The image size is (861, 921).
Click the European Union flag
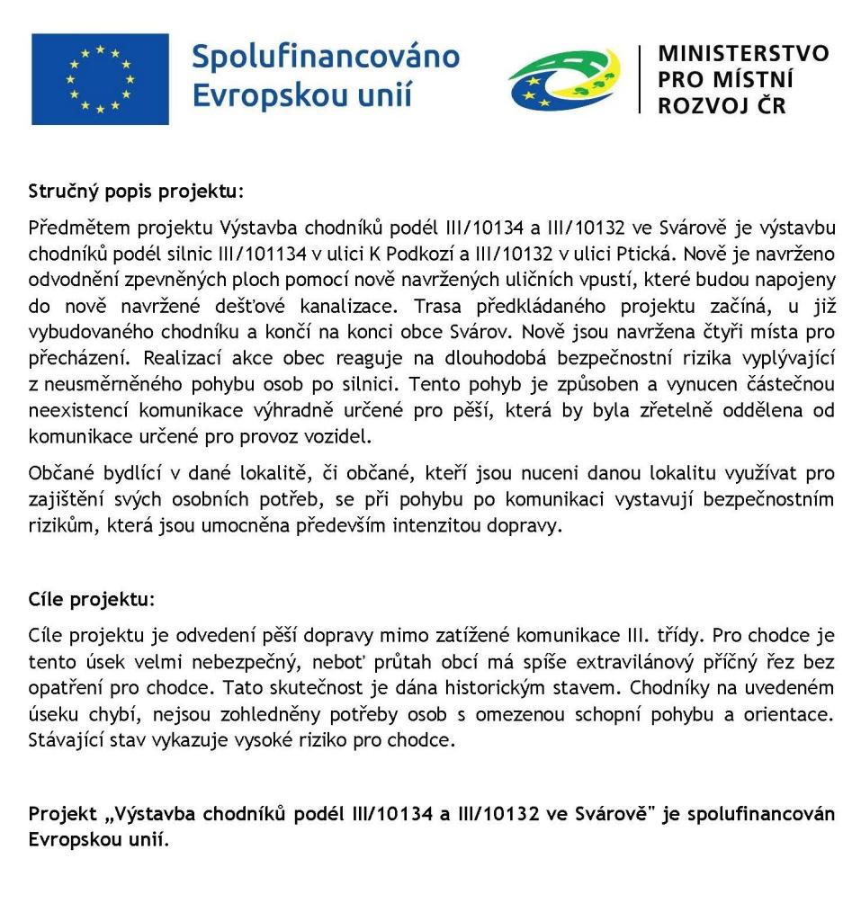point(99,79)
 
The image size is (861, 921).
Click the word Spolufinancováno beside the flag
point(326,58)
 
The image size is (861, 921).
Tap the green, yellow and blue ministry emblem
point(563,79)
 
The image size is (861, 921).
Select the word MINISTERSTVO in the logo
point(743,53)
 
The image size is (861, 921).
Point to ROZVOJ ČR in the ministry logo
point(722,106)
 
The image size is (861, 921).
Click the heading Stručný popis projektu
point(136,192)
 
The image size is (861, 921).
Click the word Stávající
point(66,742)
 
